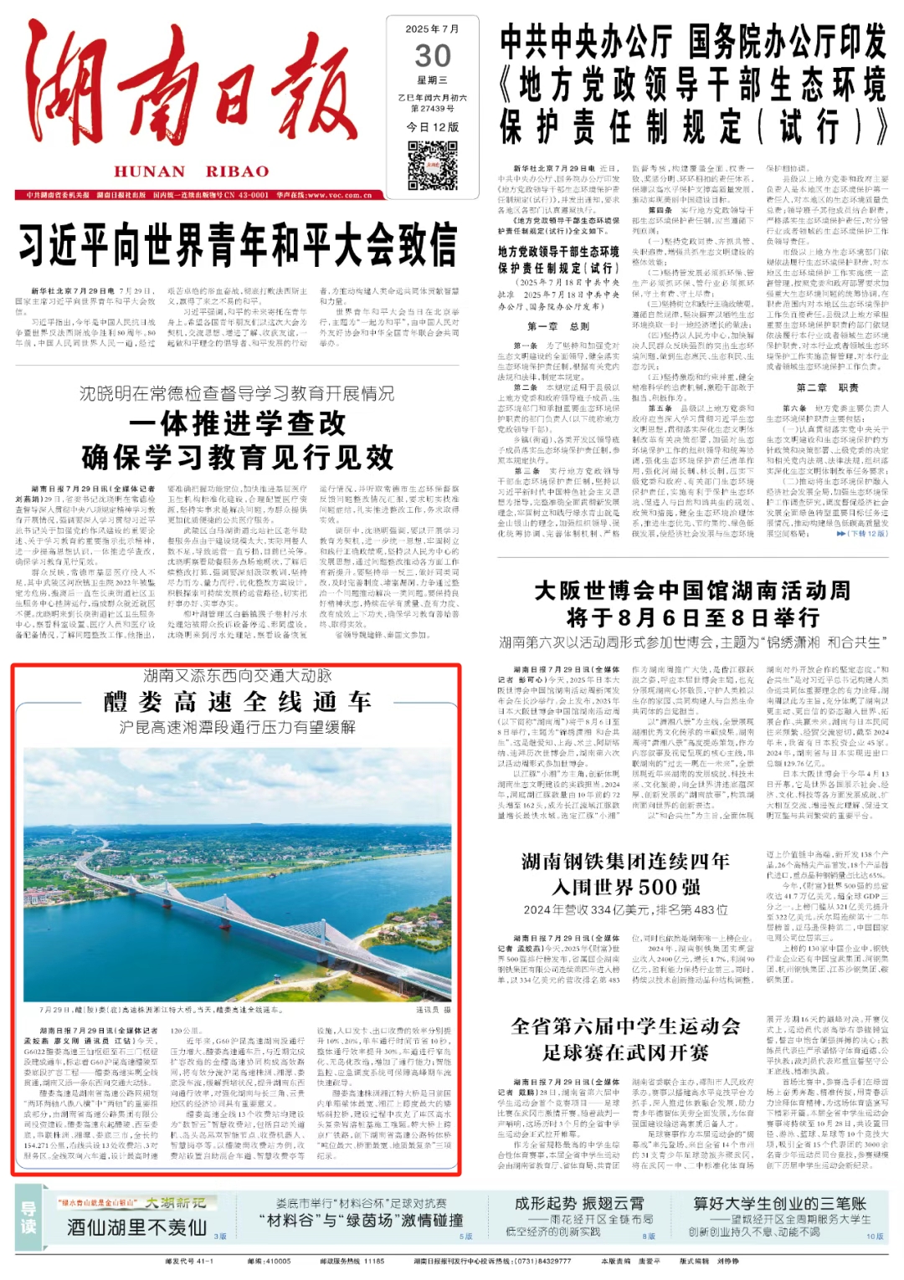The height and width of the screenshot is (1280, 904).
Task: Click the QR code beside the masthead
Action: (432, 166)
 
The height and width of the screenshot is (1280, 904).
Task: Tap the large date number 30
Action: (433, 56)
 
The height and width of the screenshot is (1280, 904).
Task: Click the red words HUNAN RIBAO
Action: (192, 172)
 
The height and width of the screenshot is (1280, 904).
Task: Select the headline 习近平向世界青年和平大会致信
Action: (238, 245)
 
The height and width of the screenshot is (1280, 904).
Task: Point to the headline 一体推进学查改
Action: (238, 423)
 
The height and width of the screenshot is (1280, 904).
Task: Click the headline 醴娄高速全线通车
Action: (237, 701)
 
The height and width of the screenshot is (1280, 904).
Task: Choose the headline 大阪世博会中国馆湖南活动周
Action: (692, 591)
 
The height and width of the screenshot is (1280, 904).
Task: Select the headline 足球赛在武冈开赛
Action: (626, 1052)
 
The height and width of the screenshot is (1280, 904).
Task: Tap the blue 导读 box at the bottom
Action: (28, 1217)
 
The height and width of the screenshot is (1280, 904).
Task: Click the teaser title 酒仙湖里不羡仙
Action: (137, 1227)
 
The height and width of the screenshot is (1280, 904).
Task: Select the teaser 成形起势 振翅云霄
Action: (579, 1203)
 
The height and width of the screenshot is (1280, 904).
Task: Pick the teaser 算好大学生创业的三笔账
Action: (779, 1203)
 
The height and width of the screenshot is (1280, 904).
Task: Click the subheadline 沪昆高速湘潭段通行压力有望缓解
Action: (237, 727)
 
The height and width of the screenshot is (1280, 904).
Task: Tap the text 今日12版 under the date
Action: (433, 127)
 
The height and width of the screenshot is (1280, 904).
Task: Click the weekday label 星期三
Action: (433, 80)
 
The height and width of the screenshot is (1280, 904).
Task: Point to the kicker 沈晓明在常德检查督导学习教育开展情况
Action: (237, 393)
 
